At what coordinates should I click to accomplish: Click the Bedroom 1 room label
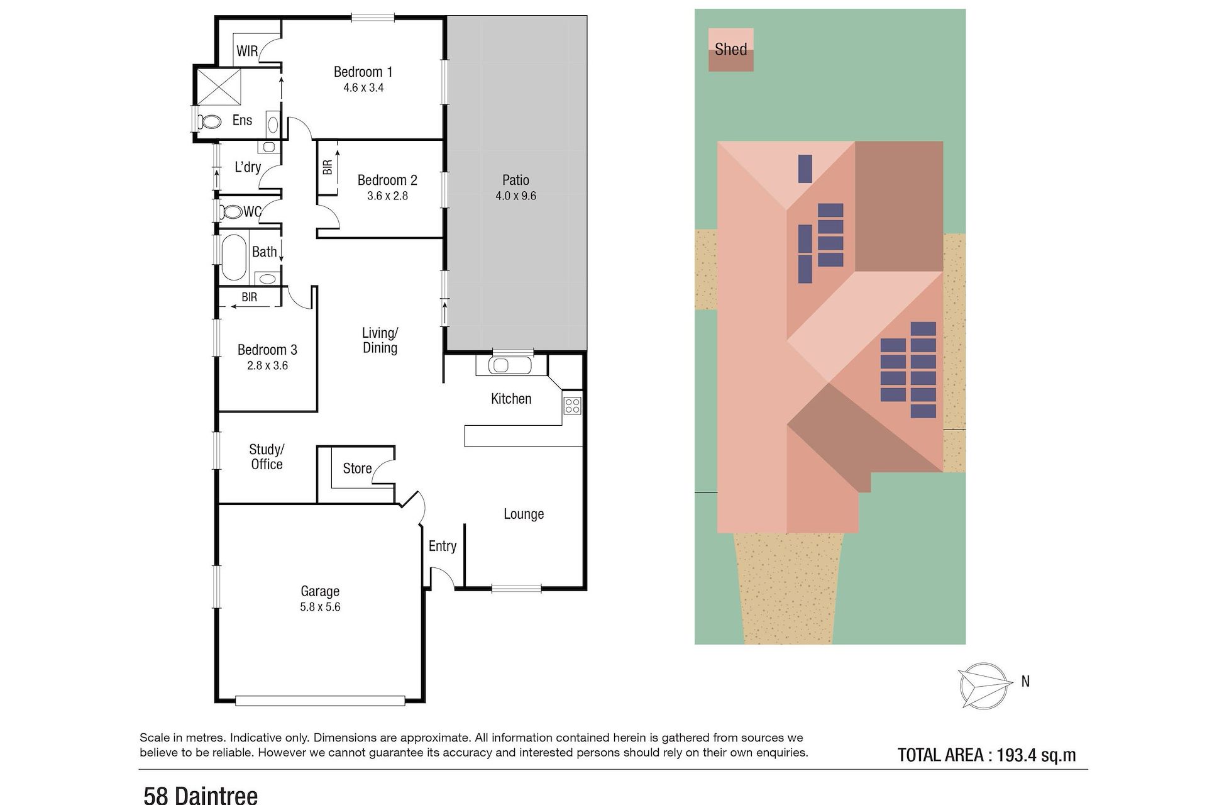363,72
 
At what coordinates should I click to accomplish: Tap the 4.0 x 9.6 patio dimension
515,196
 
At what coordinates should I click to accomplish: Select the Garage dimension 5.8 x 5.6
320,607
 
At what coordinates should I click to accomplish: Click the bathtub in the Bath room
233,257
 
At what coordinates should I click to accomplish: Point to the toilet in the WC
232,212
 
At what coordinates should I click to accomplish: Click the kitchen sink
502,365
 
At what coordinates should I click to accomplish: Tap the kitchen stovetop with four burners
572,406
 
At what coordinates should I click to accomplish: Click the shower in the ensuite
219,86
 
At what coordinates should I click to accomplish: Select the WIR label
247,52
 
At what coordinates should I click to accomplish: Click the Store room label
357,469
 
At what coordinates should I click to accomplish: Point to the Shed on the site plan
730,50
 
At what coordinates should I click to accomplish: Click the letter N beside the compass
1025,681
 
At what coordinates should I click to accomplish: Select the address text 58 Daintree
201,795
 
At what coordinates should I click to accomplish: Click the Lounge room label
524,514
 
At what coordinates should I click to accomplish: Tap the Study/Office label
267,457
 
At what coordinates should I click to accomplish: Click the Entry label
443,547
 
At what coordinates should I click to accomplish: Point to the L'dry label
248,167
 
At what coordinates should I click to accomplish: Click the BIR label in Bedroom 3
250,297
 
